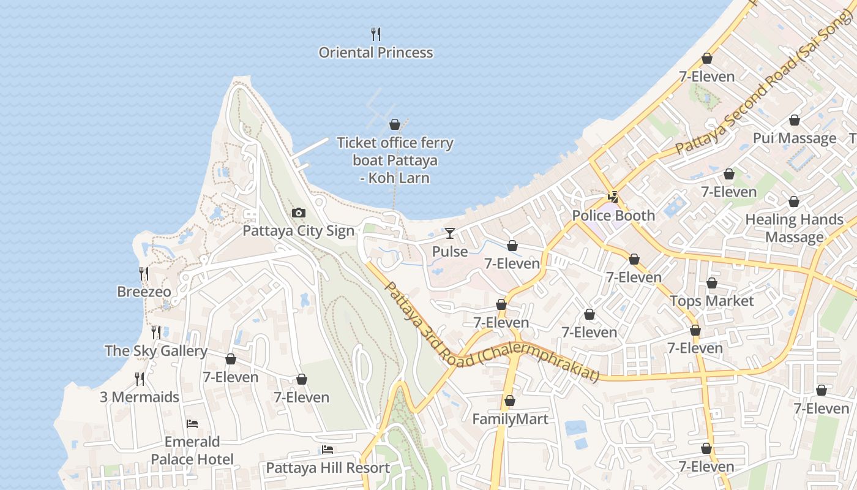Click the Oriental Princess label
(376, 53)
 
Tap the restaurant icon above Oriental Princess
(376, 34)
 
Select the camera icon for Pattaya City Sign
(299, 213)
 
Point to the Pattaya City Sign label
(299, 231)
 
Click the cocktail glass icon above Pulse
(450, 233)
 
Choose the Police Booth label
(613, 216)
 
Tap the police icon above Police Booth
(613, 197)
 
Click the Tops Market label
(711, 301)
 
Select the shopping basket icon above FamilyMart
(510, 401)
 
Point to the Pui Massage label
(794, 138)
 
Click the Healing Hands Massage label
(794, 228)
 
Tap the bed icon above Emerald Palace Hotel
(192, 424)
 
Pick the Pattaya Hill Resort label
(327, 468)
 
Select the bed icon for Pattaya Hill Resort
(327, 450)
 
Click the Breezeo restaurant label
(144, 292)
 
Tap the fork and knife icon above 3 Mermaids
(140, 379)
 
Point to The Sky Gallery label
(155, 351)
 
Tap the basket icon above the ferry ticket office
(395, 125)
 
